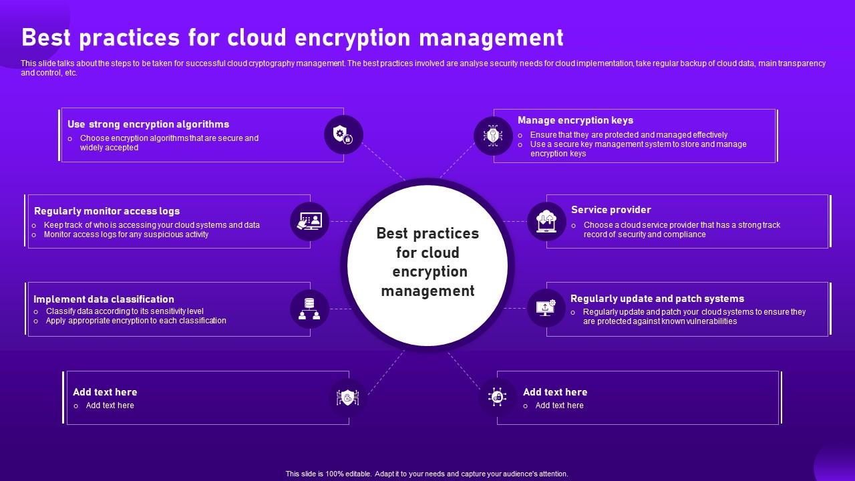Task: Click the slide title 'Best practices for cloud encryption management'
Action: (x=293, y=38)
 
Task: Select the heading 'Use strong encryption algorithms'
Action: (x=148, y=124)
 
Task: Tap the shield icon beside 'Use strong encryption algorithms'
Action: (x=343, y=135)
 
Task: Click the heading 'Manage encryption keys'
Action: (x=575, y=120)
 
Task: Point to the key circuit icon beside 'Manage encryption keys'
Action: (x=493, y=136)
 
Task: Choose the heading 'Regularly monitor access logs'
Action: (x=107, y=211)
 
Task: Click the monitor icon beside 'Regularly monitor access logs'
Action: (x=310, y=221)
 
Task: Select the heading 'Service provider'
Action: (x=611, y=210)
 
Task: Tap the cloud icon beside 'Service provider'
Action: (x=546, y=221)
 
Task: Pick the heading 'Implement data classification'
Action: (x=104, y=299)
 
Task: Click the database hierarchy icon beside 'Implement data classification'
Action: (x=309, y=309)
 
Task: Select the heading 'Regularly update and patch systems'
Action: (x=657, y=299)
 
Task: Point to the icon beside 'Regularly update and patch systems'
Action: (x=546, y=308)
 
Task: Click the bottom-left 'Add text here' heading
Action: (x=105, y=392)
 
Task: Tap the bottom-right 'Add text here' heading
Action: (x=555, y=392)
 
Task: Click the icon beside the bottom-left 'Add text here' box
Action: (x=348, y=397)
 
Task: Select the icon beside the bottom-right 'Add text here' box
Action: (x=497, y=397)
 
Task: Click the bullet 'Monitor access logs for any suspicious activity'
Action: (x=126, y=234)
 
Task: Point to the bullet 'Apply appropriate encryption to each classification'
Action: (x=136, y=321)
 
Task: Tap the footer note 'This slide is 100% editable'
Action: (x=427, y=474)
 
